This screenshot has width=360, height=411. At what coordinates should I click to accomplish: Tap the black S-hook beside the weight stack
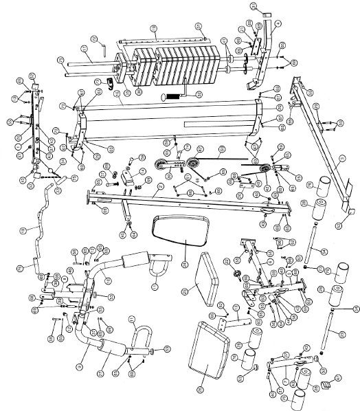pyautogui.click(x=108, y=83)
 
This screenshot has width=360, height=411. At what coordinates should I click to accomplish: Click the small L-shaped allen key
pyautogui.click(x=102, y=49)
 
